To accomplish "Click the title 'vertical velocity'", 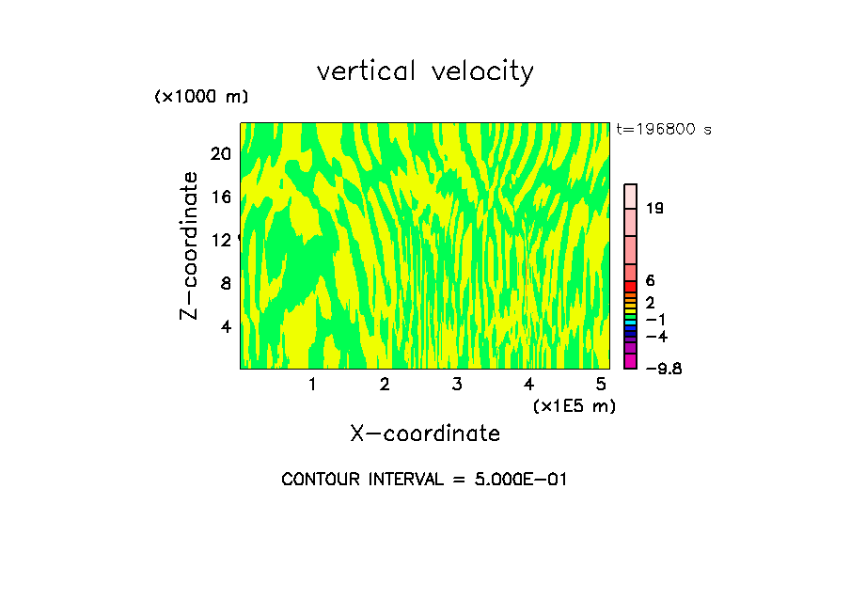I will tap(425, 71).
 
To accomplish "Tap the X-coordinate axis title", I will tap(425, 434).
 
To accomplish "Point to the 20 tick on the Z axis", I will tap(220, 154).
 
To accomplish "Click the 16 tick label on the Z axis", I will tap(220, 197).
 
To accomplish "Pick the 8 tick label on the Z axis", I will tap(225, 283).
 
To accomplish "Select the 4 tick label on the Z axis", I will tap(225, 326).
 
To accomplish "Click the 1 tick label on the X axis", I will tap(312, 384).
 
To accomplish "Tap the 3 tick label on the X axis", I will tap(456, 384).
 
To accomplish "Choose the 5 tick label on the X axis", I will tap(600, 384).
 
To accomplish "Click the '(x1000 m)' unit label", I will tap(200, 97).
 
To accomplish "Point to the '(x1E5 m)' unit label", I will tap(574, 405).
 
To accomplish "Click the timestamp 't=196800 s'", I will tap(664, 129).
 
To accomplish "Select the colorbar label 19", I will tap(654, 208).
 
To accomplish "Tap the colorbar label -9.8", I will tap(663, 368).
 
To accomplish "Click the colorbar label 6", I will tap(650, 280).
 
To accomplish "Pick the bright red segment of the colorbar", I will tap(631, 286).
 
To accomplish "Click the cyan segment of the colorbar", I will tap(631, 323).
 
